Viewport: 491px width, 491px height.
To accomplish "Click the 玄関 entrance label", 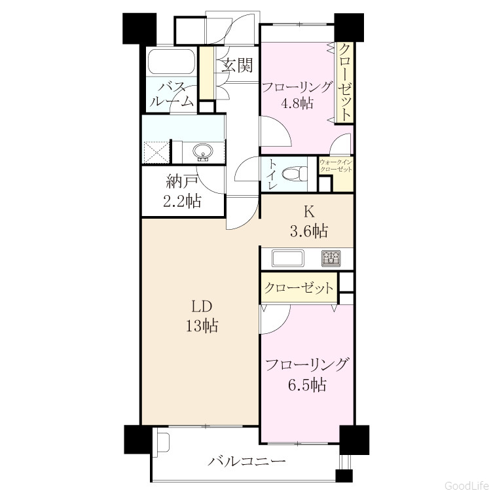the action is [237, 65].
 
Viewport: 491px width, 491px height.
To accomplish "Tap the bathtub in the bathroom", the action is [172, 62].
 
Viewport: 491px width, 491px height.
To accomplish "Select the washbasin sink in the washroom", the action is [203, 153].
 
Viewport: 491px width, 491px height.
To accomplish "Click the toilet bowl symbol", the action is [295, 173].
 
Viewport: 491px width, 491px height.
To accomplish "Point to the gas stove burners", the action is [331, 259].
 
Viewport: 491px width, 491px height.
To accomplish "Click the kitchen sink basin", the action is [288, 259].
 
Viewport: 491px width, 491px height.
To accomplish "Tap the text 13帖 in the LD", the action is [202, 325].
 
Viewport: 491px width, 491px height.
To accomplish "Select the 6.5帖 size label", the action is [307, 385].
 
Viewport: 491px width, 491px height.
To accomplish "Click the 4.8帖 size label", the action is [297, 103].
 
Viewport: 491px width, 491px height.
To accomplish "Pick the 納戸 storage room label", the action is [182, 181].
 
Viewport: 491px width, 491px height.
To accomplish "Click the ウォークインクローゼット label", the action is [336, 166].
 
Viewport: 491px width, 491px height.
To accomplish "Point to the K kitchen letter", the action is [309, 212].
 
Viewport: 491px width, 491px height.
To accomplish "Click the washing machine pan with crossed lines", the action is [156, 152].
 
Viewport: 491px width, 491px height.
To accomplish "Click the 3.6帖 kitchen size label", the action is [309, 232].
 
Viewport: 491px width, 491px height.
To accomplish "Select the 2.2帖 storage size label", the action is [182, 201].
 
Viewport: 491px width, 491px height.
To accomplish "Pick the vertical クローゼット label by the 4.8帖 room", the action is [344, 82].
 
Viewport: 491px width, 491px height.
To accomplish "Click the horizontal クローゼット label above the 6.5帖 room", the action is [298, 288].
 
